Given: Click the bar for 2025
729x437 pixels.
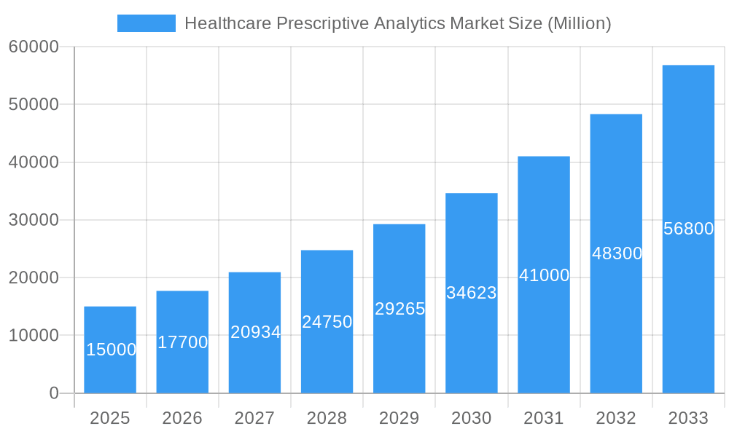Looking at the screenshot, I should pyautogui.click(x=110, y=350).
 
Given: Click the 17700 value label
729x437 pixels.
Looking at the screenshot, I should pyautogui.click(x=182, y=342).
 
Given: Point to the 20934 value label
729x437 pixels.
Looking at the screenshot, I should pyautogui.click(x=255, y=332).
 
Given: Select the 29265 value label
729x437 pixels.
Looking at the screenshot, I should pyautogui.click(x=399, y=309).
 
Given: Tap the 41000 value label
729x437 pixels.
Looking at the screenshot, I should pyautogui.click(x=544, y=275).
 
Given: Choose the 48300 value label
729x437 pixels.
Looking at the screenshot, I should pyautogui.click(x=617, y=253).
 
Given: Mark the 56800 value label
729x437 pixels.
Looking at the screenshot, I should pyautogui.click(x=688, y=229).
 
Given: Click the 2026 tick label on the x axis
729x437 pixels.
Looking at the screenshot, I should pyautogui.click(x=182, y=418).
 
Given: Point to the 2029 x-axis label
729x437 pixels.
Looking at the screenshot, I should pyautogui.click(x=399, y=418).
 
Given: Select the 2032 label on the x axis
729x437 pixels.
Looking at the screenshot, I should pyautogui.click(x=616, y=418).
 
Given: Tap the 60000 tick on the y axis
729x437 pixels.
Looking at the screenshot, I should pyautogui.click(x=34, y=47).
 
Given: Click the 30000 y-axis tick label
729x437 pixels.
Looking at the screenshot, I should pyautogui.click(x=34, y=220).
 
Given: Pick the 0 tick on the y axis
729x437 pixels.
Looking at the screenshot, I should pyautogui.click(x=54, y=393).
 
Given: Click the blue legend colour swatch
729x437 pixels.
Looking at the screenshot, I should pyautogui.click(x=147, y=23).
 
